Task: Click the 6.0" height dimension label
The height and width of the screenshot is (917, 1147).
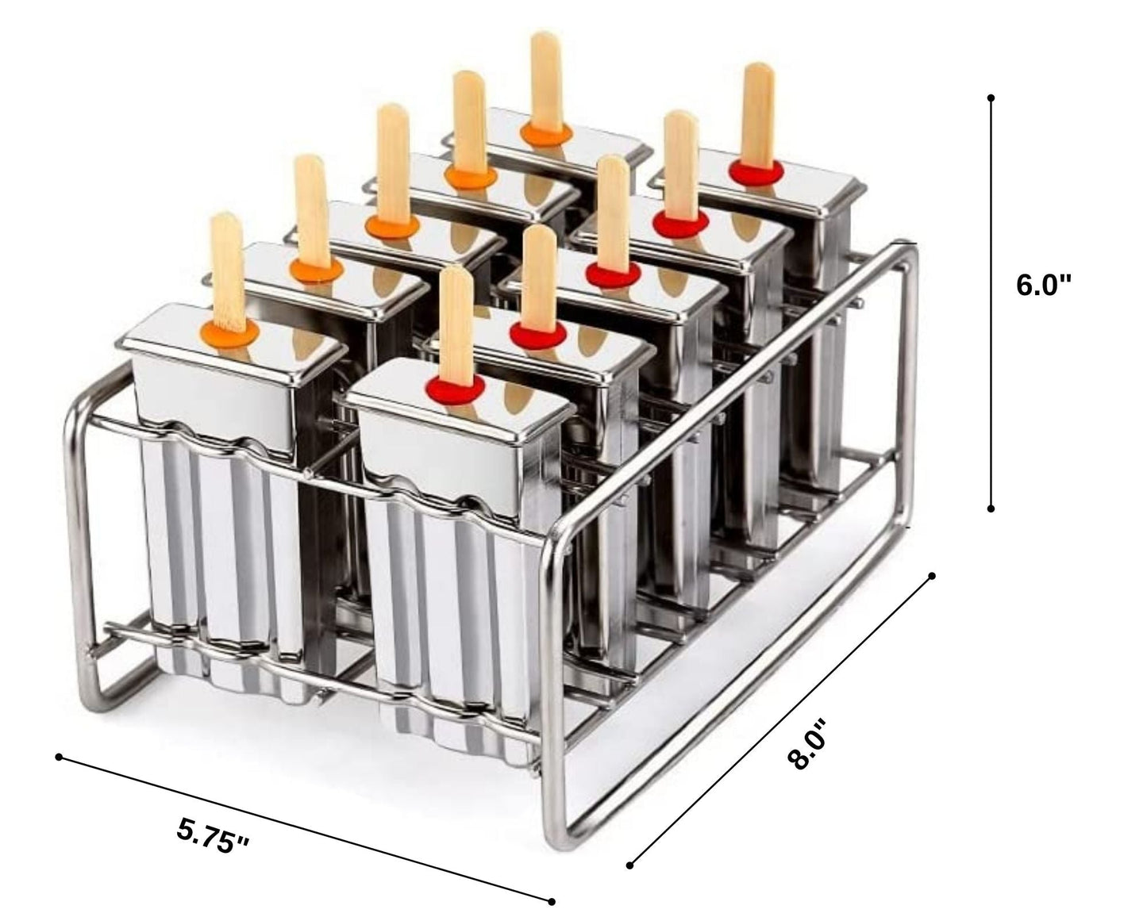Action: [x=1044, y=285]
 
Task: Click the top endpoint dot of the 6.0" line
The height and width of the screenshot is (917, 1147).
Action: [x=991, y=98]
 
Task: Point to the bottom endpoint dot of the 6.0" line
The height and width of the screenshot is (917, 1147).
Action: [x=991, y=508]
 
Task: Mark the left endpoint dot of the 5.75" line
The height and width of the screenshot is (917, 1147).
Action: [x=59, y=758]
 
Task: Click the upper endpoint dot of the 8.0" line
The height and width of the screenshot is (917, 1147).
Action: [x=933, y=576]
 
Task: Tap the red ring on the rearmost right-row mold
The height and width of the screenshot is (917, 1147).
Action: [x=756, y=171]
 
